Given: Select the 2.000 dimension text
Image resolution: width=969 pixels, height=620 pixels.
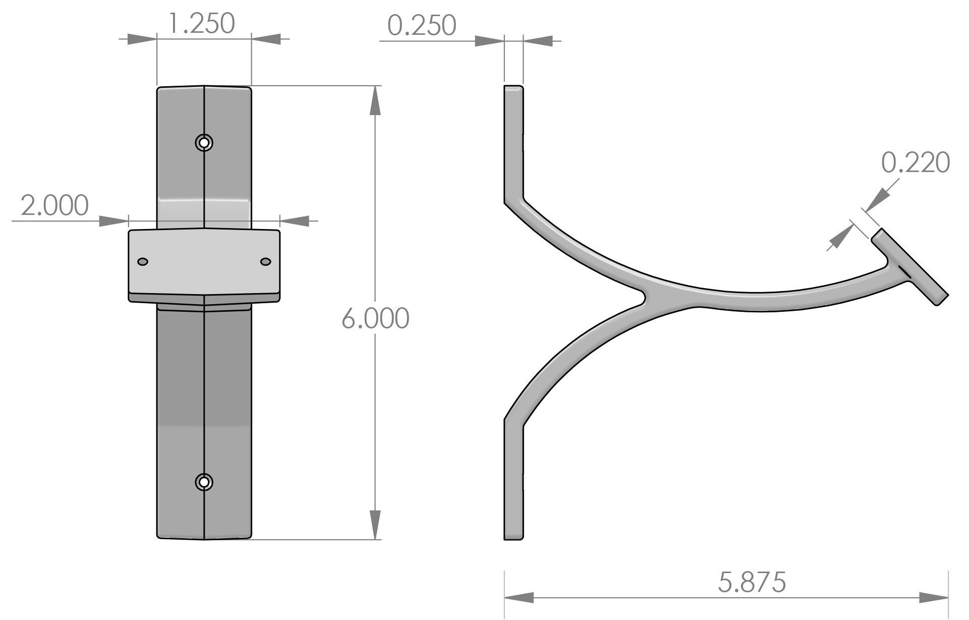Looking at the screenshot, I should [54, 205].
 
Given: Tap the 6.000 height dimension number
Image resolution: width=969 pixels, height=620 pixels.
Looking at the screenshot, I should [375, 319].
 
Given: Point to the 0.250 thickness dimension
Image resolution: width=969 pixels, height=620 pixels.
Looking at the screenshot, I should [422, 26].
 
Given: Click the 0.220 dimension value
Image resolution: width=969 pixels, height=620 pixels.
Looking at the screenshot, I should [915, 162].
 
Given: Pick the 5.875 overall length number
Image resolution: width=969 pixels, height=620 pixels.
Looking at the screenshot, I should [752, 582].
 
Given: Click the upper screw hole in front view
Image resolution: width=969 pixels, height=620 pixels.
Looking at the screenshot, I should [204, 143].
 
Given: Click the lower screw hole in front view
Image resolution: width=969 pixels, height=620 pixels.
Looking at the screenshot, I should [204, 482].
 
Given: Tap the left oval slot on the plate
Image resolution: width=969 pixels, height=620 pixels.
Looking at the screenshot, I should [143, 261].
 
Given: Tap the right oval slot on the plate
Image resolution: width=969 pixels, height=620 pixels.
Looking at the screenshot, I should [265, 261].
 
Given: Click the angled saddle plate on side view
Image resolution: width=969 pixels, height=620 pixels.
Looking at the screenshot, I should [910, 267].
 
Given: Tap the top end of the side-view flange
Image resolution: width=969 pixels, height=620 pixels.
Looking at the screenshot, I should [514, 90].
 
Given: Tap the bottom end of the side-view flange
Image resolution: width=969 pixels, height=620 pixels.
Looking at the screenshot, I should [514, 536].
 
